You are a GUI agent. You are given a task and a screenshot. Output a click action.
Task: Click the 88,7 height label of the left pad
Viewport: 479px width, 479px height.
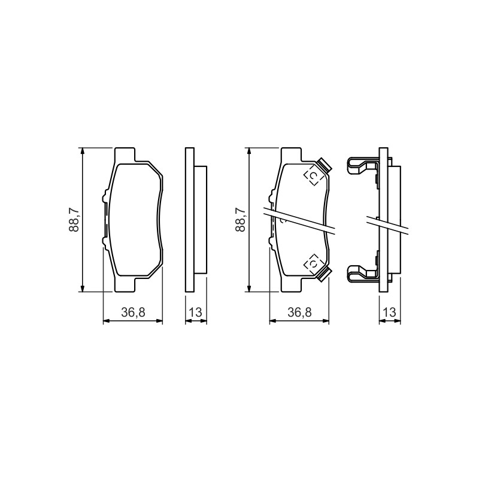(74, 220)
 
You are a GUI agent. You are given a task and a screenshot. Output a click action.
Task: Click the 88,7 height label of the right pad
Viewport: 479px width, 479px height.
(241, 220)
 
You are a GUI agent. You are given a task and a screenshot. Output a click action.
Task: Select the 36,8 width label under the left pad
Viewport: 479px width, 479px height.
(133, 312)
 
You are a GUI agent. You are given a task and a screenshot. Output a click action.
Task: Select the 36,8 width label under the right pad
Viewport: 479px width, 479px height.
(299, 312)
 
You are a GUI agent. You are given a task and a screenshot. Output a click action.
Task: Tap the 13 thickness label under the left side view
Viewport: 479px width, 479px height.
(196, 312)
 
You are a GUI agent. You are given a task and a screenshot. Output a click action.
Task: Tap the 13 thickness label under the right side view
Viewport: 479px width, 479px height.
(390, 312)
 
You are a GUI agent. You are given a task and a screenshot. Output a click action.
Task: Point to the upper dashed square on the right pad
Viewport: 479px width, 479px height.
(313, 175)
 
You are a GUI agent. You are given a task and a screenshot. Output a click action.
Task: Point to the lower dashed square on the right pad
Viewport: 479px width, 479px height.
(313, 263)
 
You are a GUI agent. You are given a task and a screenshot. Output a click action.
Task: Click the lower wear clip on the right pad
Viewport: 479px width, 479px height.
(325, 274)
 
